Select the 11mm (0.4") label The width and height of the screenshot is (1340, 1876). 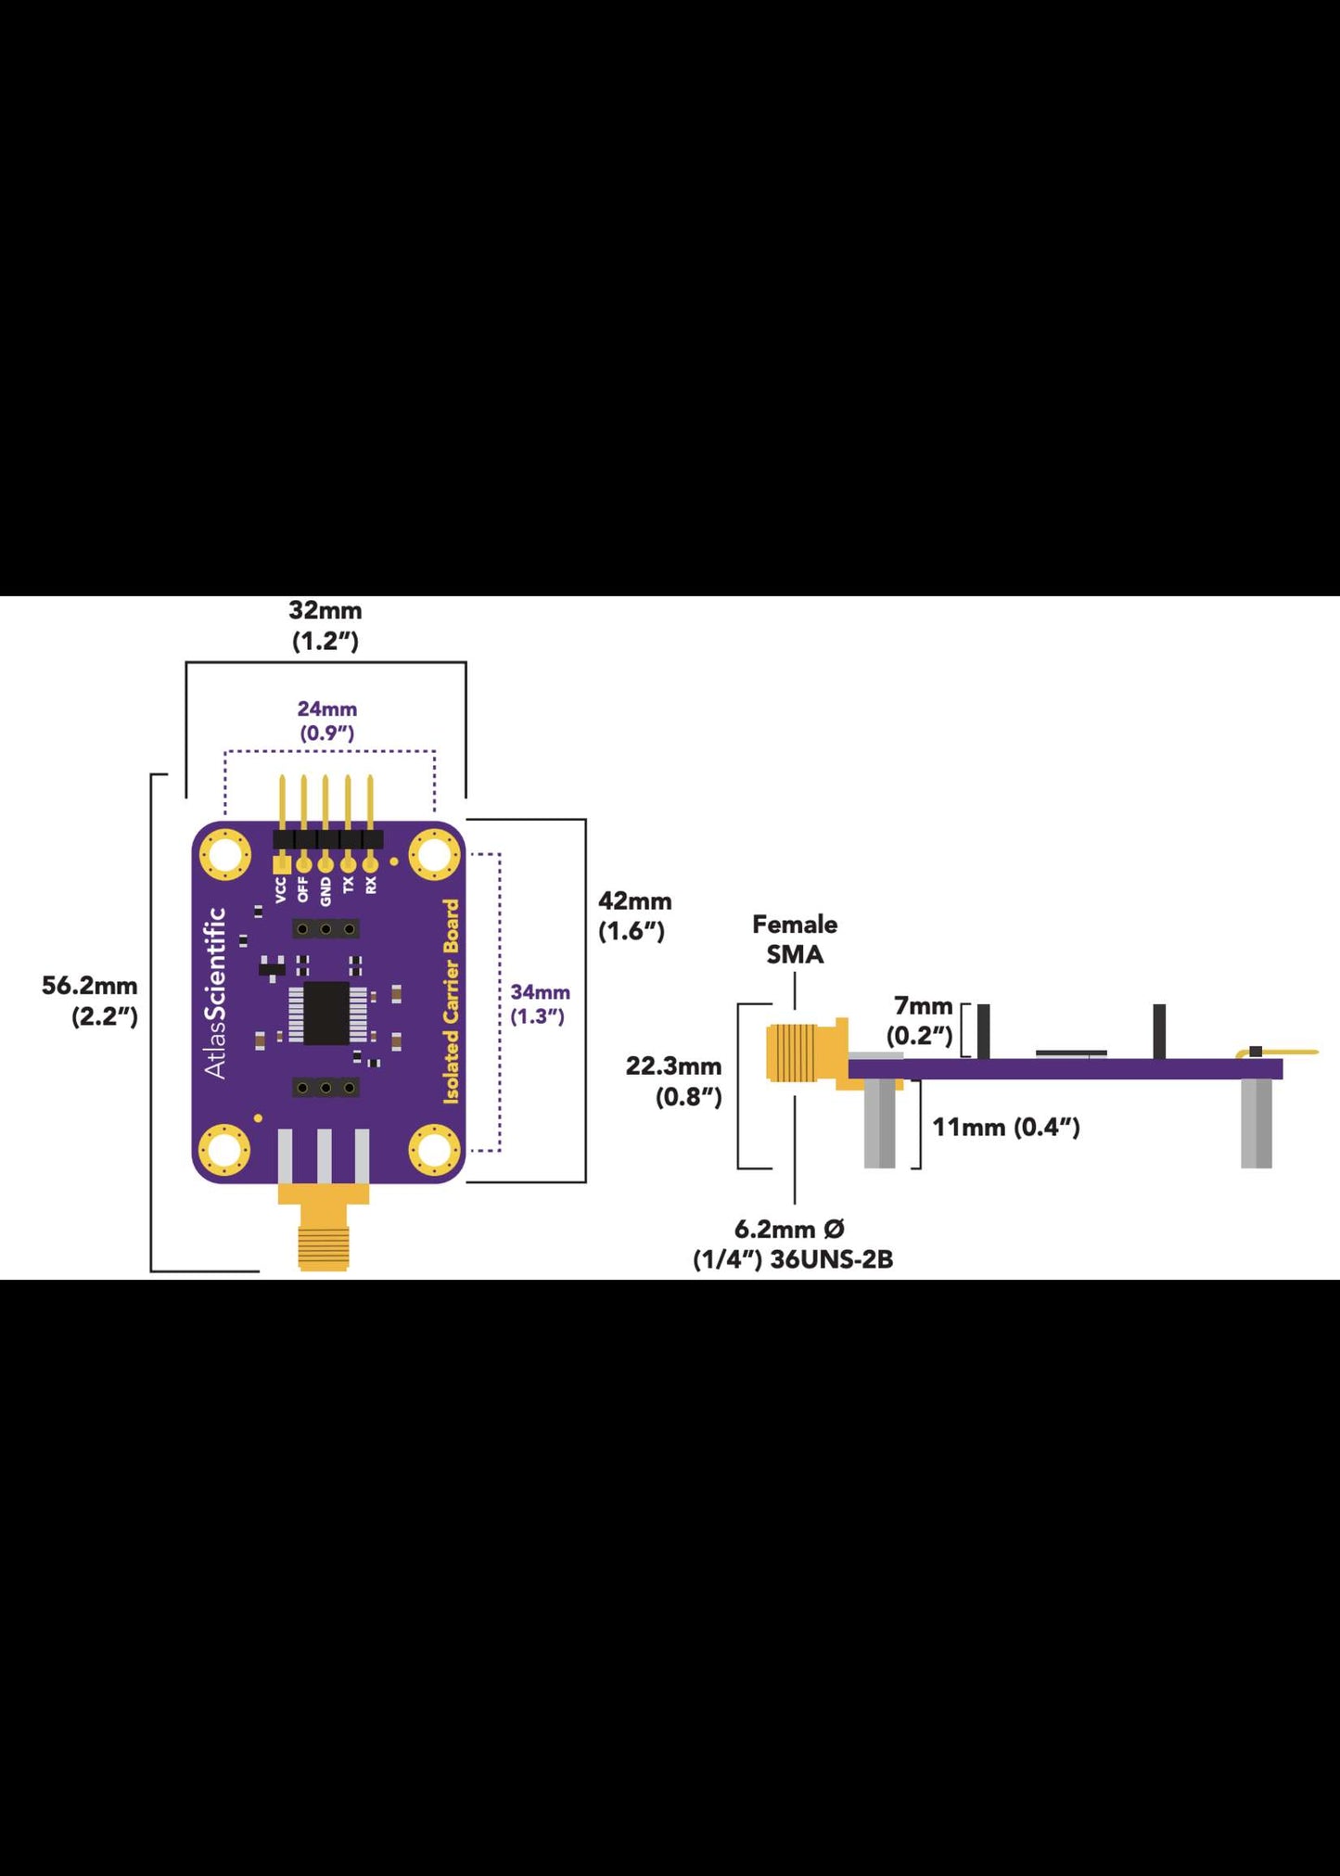pyautogui.click(x=1006, y=1127)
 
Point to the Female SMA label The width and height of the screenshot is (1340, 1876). pyautogui.click(x=795, y=939)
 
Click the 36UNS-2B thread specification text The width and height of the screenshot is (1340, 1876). pyautogui.click(x=832, y=1259)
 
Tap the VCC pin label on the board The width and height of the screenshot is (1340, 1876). pyautogui.click(x=281, y=890)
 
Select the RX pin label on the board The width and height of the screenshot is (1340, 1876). pyautogui.click(x=371, y=885)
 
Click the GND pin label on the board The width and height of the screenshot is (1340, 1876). pyautogui.click(x=325, y=891)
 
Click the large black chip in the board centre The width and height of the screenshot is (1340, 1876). pyautogui.click(x=326, y=1014)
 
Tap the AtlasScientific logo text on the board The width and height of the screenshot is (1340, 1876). pyautogui.click(x=216, y=993)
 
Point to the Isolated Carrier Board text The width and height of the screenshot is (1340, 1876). pyautogui.click(x=452, y=1002)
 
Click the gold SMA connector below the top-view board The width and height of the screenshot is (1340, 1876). pyautogui.click(x=324, y=1226)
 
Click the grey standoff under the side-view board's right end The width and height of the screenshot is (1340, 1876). pyautogui.click(x=1257, y=1123)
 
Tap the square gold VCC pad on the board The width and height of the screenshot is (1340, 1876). pyautogui.click(x=281, y=863)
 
